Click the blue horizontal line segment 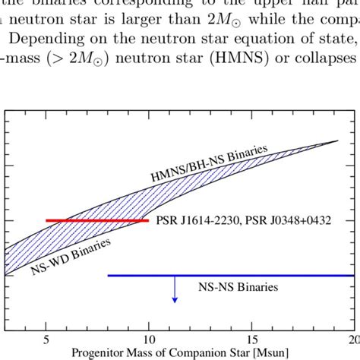[x=228, y=275]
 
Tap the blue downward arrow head [x=175, y=299]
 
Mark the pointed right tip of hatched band [x=338, y=141]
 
